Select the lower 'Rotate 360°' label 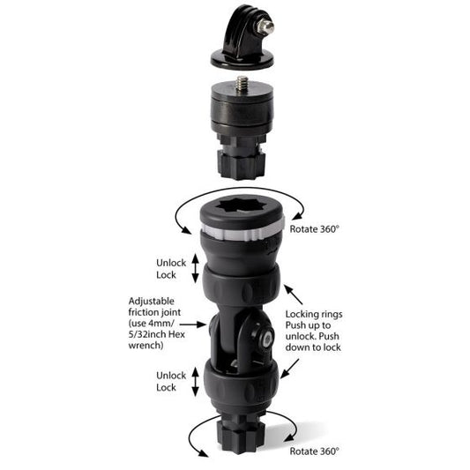tap(315, 451)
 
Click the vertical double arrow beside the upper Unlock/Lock tap(195, 267)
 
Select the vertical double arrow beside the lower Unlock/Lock tap(194, 381)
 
